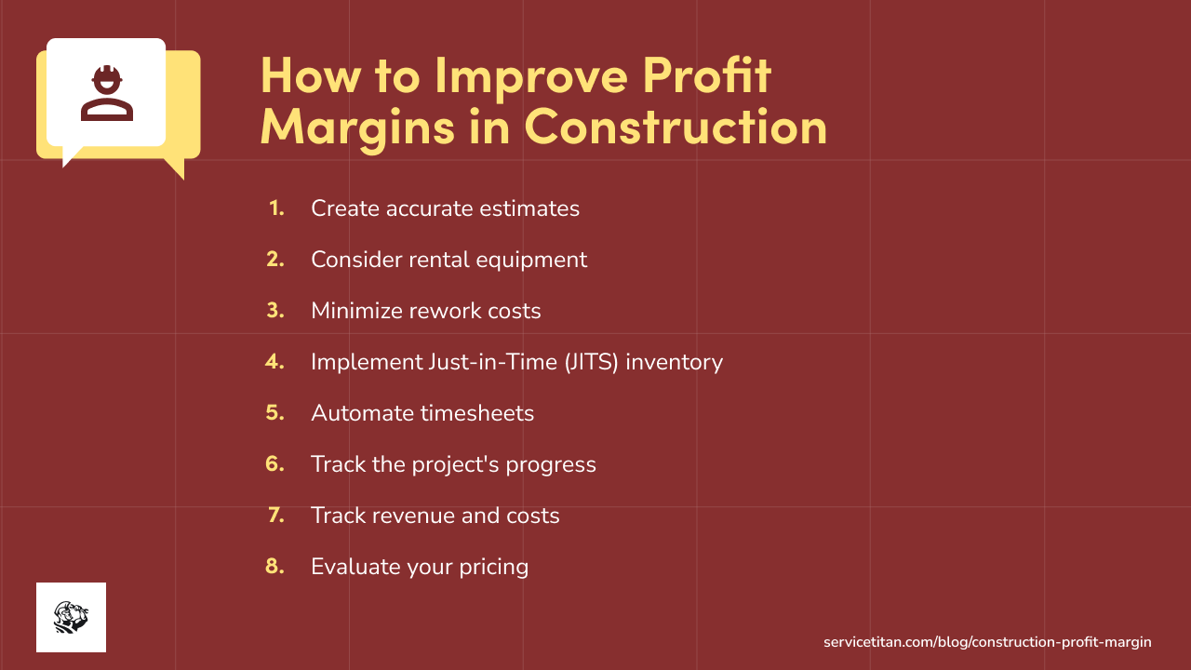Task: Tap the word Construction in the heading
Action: click(676, 126)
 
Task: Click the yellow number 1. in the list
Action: click(276, 208)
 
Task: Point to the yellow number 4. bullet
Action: click(275, 361)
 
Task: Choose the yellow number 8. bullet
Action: click(275, 566)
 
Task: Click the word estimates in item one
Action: click(529, 208)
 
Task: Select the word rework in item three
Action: click(445, 311)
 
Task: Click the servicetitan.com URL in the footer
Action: click(987, 642)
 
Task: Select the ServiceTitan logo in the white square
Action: click(71, 617)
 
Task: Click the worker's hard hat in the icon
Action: click(106, 73)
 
